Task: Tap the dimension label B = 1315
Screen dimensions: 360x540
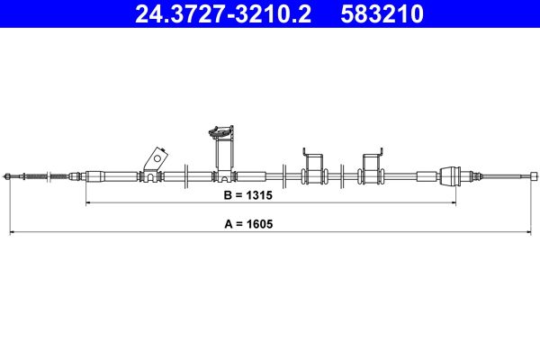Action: pyautogui.click(x=247, y=193)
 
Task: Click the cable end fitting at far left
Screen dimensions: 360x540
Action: pyautogui.click(x=10, y=176)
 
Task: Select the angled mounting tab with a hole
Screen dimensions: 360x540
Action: pyautogui.click(x=154, y=159)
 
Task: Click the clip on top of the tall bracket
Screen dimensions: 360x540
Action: pyautogui.click(x=219, y=132)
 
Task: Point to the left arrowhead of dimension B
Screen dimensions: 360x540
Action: pyautogui.click(x=87, y=204)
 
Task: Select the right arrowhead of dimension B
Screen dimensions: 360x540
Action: pyautogui.click(x=454, y=204)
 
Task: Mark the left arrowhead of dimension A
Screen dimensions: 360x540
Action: pyautogui.click(x=11, y=234)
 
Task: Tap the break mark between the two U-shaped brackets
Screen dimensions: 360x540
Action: pyautogui.click(x=343, y=176)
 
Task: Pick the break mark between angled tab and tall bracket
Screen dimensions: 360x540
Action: pyautogui.click(x=184, y=176)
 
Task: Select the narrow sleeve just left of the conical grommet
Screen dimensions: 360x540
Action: pyautogui.click(x=423, y=176)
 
